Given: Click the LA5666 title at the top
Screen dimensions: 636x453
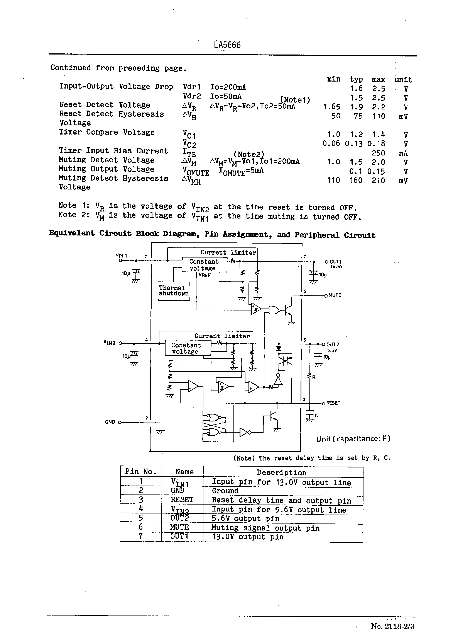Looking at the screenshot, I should pos(227,45).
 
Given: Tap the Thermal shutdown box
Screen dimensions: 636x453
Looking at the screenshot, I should pos(174,291).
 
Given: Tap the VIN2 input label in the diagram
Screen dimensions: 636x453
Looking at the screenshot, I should pos(109,343).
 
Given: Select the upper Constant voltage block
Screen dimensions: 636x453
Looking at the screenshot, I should pos(204,265).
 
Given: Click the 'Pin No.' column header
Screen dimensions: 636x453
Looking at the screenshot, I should pos(141,472).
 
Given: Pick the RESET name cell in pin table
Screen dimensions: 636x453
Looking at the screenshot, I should pos(182,500).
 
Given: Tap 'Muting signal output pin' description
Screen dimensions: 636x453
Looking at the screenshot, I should pos(265,528).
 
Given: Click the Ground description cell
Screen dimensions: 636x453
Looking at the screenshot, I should pos(225,491).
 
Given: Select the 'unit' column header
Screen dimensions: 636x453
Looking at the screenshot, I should pos(403,80).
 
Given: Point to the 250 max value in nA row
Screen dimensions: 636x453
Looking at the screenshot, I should pos(378,153).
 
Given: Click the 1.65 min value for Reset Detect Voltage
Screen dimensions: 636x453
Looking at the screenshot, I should pos(332,107).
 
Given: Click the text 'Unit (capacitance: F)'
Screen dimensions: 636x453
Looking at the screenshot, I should pos(353,439).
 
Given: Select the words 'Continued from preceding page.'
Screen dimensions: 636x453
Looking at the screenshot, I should pos(118,68).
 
